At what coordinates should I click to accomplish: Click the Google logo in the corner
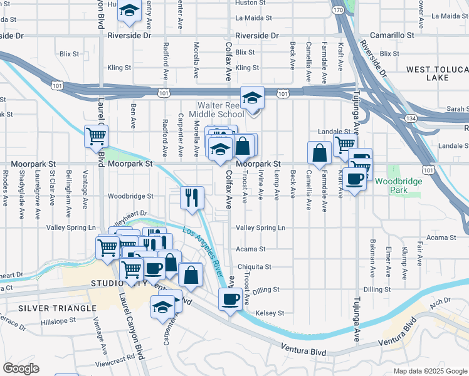point(21,368)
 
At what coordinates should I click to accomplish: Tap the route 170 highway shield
point(338,10)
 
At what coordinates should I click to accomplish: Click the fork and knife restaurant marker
point(192,197)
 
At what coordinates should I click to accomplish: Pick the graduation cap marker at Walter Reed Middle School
point(252,98)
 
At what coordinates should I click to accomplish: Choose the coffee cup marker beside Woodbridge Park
point(355,179)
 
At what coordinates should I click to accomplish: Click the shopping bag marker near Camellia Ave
point(319,152)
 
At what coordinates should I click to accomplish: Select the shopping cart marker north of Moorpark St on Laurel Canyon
point(97,135)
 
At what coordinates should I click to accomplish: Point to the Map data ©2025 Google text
point(430,371)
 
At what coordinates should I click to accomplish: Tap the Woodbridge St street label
point(130,196)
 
